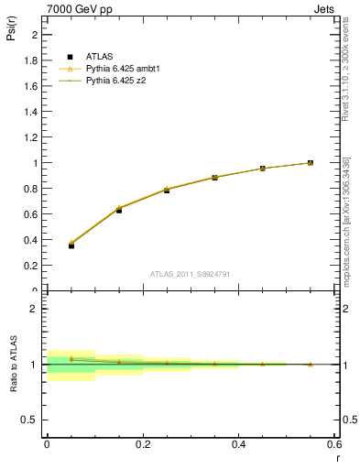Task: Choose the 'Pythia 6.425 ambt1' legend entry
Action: [125, 69]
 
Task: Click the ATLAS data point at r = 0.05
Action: [71, 245]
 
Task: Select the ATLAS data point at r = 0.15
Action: [119, 210]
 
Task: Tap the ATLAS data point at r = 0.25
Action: [167, 190]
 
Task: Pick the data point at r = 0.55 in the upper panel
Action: [311, 163]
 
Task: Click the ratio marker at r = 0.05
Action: [71, 359]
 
